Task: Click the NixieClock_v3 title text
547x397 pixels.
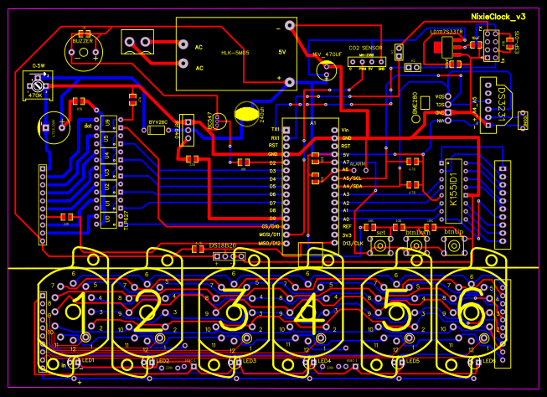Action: [x=498, y=16]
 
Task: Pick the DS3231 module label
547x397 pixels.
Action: [x=501, y=104]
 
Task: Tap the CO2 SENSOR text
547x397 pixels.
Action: [x=365, y=49]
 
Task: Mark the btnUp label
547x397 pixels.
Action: [x=452, y=231]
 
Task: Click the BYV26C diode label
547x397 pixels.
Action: [x=157, y=122]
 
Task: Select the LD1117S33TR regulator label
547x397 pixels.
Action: [x=446, y=34]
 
